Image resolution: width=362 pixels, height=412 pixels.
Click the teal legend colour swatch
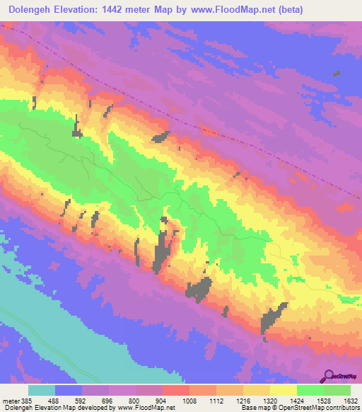pos(42,390)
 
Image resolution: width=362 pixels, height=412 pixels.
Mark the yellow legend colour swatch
pos(283,390)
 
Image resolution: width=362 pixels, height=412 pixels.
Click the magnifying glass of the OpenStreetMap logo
pos(330,377)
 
